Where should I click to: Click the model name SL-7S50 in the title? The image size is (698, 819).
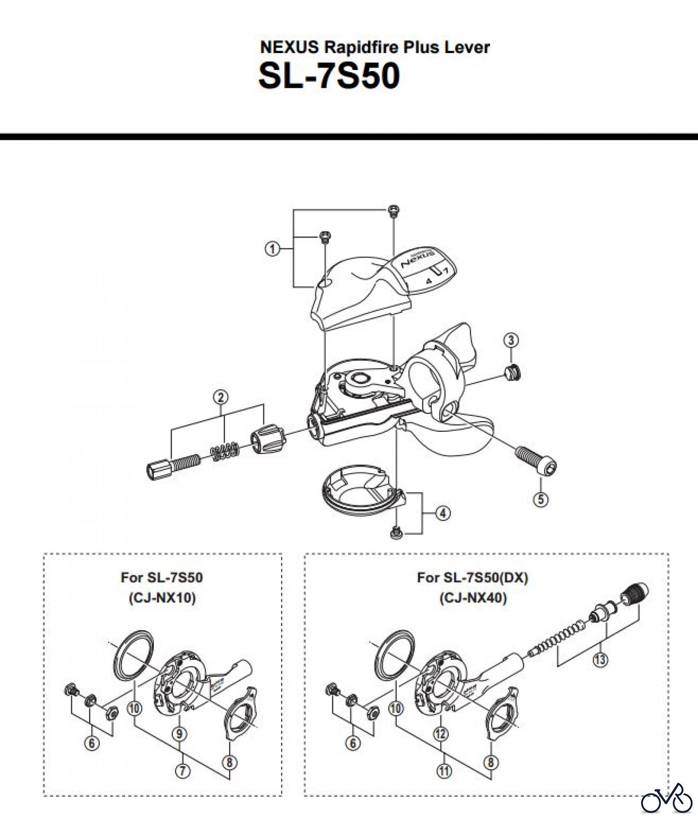(329, 76)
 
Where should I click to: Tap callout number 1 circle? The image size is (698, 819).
(272, 249)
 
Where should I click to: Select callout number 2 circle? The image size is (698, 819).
(221, 397)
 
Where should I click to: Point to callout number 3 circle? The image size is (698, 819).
(511, 340)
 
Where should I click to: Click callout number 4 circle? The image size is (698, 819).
(443, 514)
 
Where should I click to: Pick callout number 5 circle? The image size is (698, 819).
(541, 499)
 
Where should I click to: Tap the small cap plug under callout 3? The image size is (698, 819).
(512, 374)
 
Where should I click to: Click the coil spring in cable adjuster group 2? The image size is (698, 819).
(225, 450)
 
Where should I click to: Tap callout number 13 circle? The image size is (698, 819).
(601, 660)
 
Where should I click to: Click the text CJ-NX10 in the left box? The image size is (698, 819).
(162, 598)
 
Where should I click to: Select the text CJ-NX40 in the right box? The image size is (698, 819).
(473, 598)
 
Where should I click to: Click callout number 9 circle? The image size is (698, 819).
(180, 733)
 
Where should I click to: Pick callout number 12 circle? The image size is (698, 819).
(441, 733)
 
